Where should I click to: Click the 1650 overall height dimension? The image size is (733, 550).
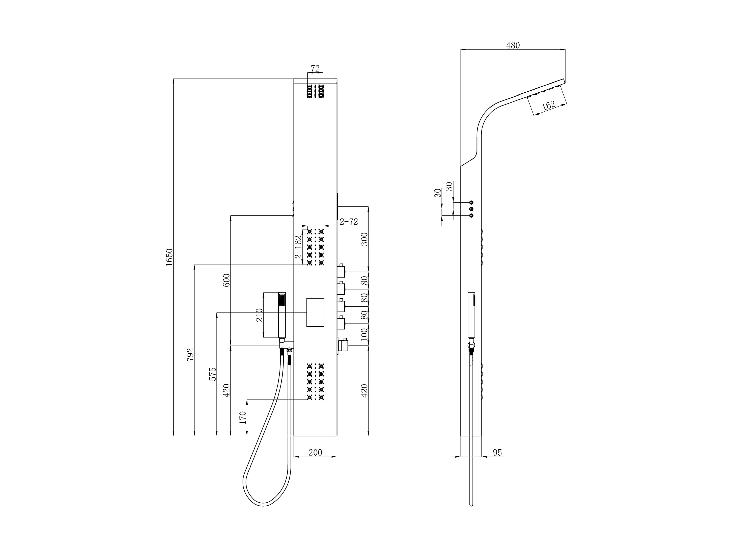[x=169, y=257]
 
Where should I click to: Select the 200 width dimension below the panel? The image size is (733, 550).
[x=315, y=452]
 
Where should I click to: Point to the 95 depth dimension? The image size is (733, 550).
[x=497, y=453]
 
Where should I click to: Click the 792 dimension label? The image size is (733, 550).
[x=190, y=354]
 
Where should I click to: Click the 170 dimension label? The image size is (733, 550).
[x=243, y=418]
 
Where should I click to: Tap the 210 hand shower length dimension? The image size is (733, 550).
[x=260, y=315]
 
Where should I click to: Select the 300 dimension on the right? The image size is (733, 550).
[x=364, y=239]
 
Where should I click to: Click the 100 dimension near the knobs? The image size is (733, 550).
[x=364, y=335]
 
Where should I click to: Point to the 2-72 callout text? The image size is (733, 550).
[x=349, y=221]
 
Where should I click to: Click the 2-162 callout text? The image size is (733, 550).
[x=299, y=247]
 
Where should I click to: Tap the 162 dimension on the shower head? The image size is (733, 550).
[x=548, y=106]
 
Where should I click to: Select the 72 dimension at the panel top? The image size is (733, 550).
[x=315, y=69]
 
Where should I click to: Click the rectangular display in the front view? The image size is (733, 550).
[x=315, y=312]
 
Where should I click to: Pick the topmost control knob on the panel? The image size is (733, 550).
[x=341, y=271]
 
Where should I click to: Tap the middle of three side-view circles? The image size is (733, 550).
[x=471, y=209]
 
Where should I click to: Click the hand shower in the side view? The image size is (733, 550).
[x=471, y=315]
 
